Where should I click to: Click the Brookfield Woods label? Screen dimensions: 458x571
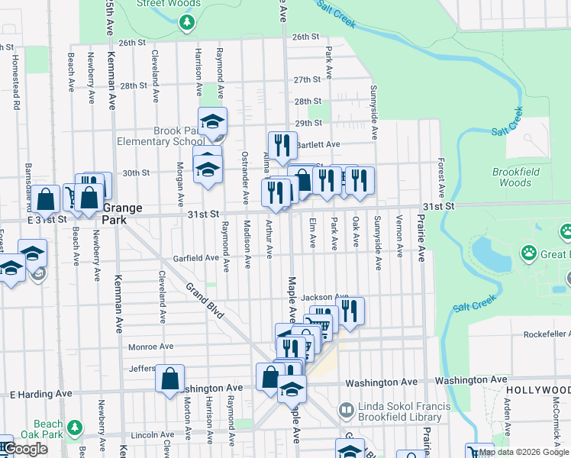512,177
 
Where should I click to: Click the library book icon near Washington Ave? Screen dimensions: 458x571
346,411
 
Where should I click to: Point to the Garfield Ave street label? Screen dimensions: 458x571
195,258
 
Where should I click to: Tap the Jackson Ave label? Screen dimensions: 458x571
324,297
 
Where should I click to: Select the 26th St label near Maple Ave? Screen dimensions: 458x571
305,36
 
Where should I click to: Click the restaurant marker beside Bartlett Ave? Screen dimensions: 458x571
282,143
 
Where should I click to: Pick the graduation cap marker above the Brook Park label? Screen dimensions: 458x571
213,121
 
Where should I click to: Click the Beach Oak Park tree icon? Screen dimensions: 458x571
74,425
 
